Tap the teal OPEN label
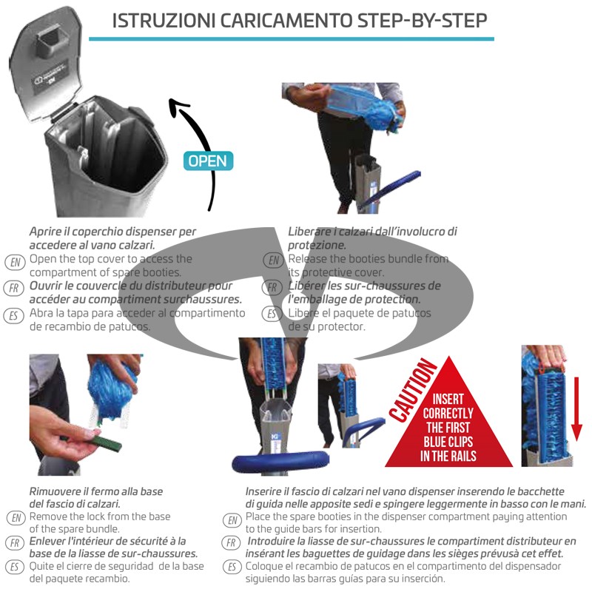209,161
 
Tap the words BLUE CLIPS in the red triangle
449,443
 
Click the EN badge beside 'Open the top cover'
15,261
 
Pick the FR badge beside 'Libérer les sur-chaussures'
274,287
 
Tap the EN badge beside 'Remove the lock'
15,517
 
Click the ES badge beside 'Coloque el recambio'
232,568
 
